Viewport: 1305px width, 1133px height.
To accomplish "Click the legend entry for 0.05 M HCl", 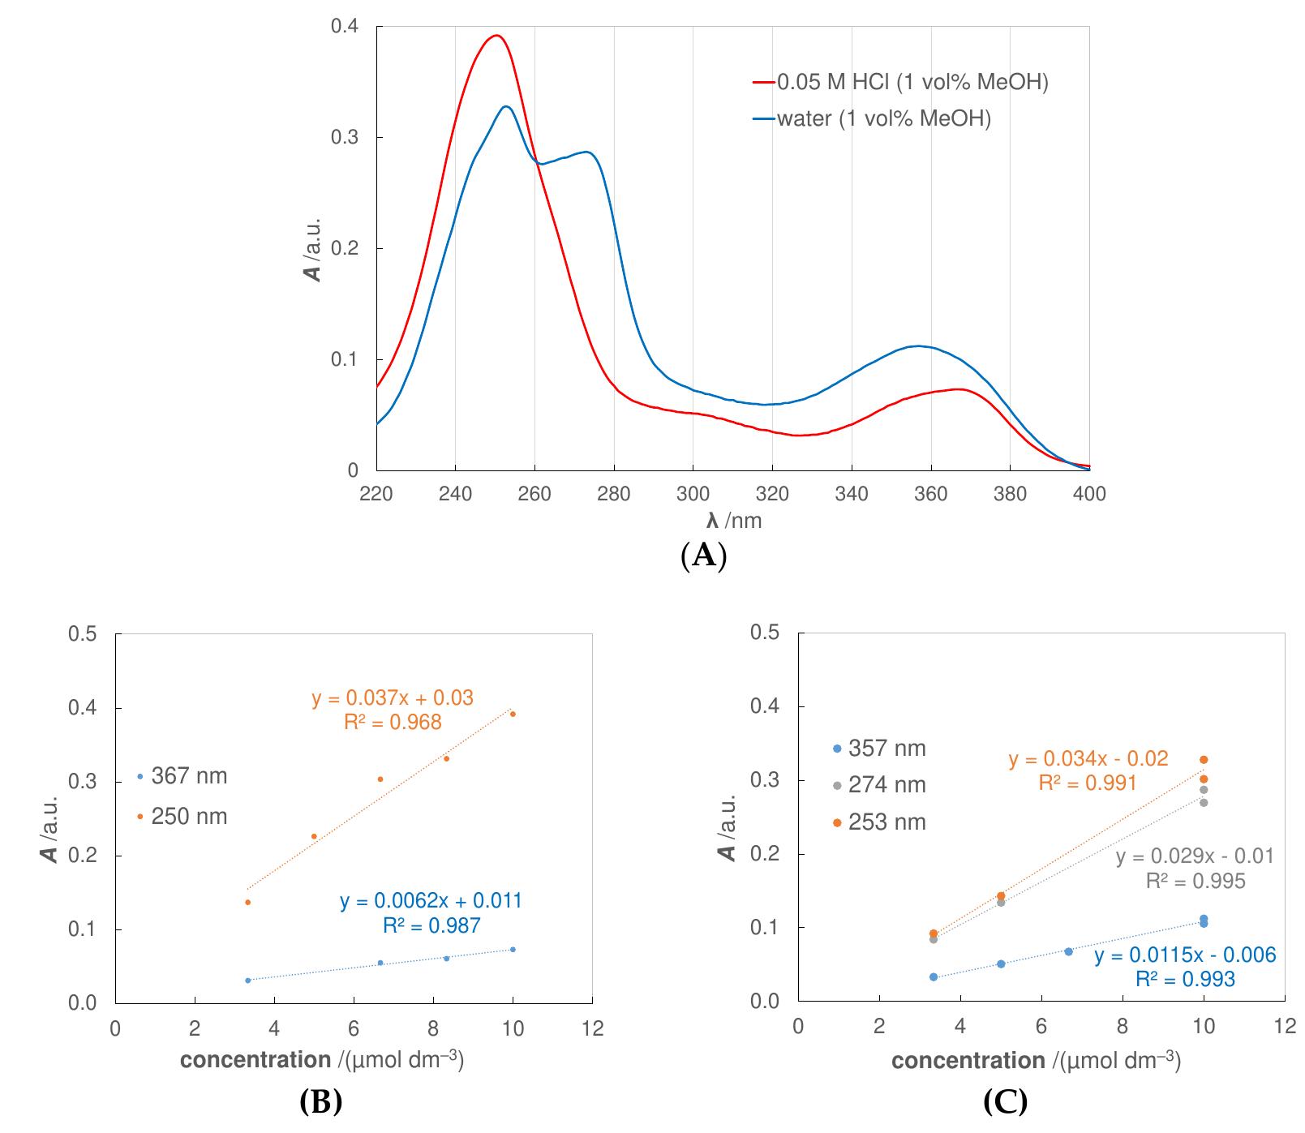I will pos(900,82).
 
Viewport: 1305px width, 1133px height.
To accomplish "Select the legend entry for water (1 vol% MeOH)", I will pos(872,119).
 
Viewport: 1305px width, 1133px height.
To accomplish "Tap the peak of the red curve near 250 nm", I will pos(496,36).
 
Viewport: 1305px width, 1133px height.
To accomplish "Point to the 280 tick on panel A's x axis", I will pos(614,494).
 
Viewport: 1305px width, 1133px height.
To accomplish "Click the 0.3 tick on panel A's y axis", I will pos(345,137).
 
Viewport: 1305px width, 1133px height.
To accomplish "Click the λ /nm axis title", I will pos(733,520).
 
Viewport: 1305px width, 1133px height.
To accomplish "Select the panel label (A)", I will pos(703,556).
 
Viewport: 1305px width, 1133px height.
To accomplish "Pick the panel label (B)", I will pos(320,1101).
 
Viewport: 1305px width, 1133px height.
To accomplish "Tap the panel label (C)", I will pos(1005,1101).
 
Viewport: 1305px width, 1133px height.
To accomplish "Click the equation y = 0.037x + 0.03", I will pos(393,697).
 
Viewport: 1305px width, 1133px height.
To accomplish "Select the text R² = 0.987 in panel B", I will pos(431,925).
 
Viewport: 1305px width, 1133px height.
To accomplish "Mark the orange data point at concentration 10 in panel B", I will pos(513,715).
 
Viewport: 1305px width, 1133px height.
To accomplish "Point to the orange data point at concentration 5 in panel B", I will pos(314,836).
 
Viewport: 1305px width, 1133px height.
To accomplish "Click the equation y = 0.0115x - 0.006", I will pos(1185,955).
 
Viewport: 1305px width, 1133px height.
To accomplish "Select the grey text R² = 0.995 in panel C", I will pos(1195,881).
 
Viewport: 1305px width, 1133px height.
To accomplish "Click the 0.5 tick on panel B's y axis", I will pos(84,634).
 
